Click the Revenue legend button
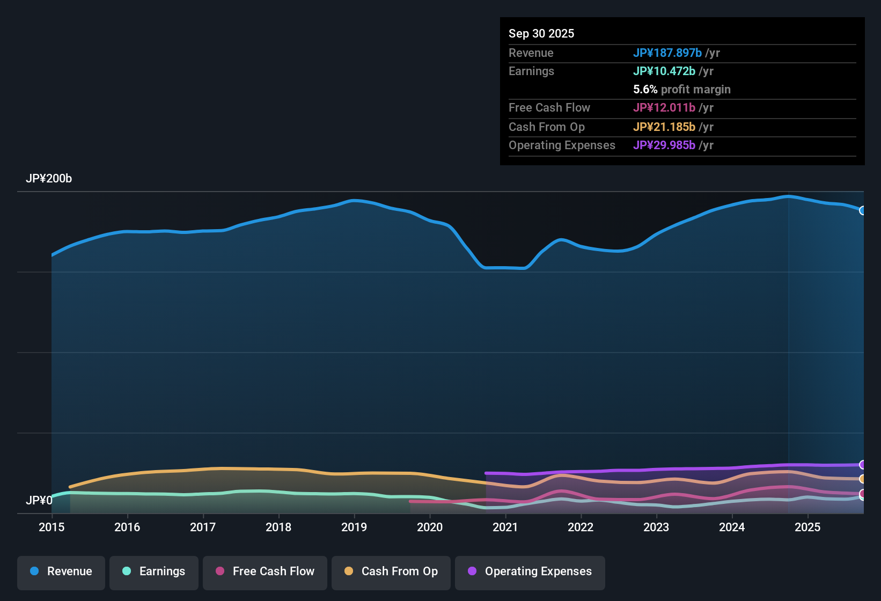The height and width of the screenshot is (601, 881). coord(61,571)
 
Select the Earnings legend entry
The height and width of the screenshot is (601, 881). coord(154,571)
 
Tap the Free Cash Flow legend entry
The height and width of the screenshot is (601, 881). coord(265,571)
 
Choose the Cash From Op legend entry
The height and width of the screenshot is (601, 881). coord(391,571)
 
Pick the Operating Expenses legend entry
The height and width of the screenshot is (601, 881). coord(530,571)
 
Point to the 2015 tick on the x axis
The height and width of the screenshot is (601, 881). coord(52,527)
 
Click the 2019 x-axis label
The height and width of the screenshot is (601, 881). coord(354,527)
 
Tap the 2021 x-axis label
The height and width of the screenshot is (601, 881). coord(505,527)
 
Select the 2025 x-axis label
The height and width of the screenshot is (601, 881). coord(807,527)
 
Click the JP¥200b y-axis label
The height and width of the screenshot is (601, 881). coord(49,179)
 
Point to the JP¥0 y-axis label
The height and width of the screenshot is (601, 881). coord(39,500)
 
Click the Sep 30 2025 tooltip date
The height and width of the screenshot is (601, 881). coord(541,33)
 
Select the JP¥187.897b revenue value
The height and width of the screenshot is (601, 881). coord(667,53)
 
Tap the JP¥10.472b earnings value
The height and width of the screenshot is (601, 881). coord(664,71)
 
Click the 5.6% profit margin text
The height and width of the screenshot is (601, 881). coord(681,89)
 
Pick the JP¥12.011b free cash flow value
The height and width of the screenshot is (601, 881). coord(664,107)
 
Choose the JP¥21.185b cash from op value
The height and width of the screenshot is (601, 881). coord(664,127)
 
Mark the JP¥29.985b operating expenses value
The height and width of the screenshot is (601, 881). coord(664,145)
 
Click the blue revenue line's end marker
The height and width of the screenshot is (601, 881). coord(862,210)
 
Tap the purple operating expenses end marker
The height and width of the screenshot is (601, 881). coord(862,465)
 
